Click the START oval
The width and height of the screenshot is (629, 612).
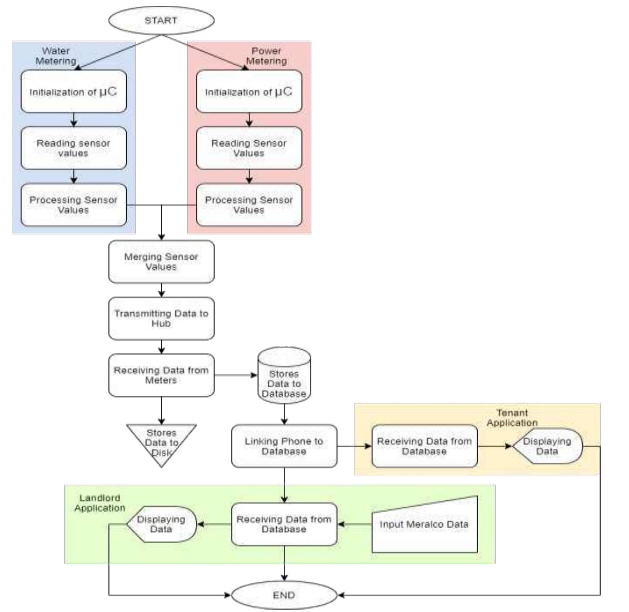pyautogui.click(x=161, y=20)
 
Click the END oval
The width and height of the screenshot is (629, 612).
pyautogui.click(x=284, y=595)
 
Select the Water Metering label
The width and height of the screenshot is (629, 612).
pyautogui.click(x=56, y=56)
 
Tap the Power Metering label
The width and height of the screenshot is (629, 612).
pyautogui.click(x=266, y=56)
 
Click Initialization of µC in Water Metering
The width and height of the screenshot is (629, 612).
pyautogui.click(x=74, y=92)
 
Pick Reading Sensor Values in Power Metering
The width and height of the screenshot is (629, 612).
pyautogui.click(x=249, y=148)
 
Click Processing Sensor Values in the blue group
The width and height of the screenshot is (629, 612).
pyautogui.click(x=74, y=205)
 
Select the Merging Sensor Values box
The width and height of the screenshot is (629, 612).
pyautogui.click(x=161, y=262)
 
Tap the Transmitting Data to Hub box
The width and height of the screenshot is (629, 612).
pyautogui.click(x=161, y=318)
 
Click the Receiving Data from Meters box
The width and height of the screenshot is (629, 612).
pyautogui.click(x=161, y=375)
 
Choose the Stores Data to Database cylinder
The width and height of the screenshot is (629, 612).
pyautogui.click(x=284, y=380)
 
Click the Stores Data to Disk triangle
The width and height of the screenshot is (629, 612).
pyautogui.click(x=161, y=441)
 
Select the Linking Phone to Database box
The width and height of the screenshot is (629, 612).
pyautogui.click(x=284, y=446)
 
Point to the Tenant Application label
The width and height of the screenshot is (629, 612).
pyautogui.click(x=512, y=418)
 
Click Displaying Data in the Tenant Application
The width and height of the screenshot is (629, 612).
pyautogui.click(x=547, y=446)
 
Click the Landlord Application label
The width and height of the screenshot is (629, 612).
pyautogui.click(x=99, y=503)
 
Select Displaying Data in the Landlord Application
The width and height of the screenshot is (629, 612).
pyautogui.click(x=161, y=524)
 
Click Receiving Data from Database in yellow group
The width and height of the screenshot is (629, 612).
pyautogui.click(x=424, y=446)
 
